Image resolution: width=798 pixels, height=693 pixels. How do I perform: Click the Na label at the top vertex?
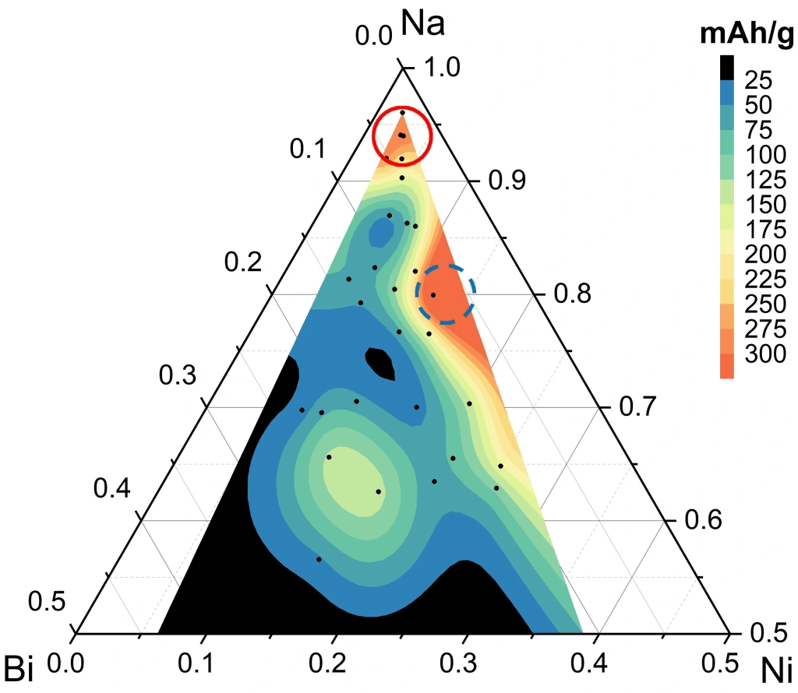click(x=422, y=23)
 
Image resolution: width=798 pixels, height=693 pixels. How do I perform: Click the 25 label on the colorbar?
click(x=758, y=79)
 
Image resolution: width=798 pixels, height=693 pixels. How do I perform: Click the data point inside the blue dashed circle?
click(x=433, y=294)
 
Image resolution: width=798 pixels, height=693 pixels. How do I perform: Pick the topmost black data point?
click(x=402, y=113)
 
